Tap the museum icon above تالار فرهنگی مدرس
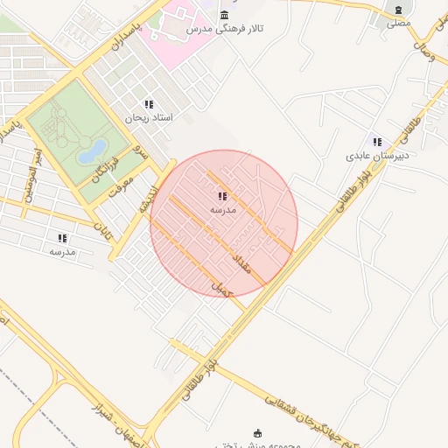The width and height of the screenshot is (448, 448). [226, 15]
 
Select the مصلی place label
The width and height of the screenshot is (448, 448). [399, 24]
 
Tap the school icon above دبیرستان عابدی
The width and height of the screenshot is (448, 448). [377, 142]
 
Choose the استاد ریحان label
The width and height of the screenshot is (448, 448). [149, 117]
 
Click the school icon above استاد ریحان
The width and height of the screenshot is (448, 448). [149, 104]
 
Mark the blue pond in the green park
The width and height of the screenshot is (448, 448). [92, 151]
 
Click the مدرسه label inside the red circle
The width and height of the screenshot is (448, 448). [222, 211]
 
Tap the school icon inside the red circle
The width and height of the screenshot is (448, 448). [222, 197]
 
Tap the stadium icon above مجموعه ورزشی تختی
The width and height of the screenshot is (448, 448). [257, 432]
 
